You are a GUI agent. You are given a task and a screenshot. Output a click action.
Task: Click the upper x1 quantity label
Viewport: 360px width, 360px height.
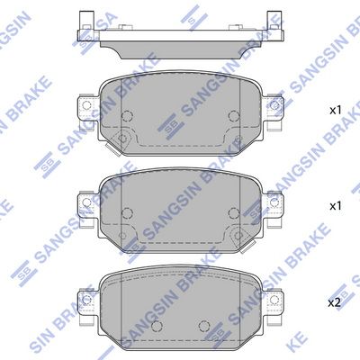point(336,111)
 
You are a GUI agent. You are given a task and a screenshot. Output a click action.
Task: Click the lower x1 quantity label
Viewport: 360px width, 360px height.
point(336,206)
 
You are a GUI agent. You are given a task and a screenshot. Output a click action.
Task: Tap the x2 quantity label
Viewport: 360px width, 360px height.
point(335,303)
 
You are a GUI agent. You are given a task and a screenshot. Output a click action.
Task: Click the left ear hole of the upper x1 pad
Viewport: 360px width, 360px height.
point(86,105)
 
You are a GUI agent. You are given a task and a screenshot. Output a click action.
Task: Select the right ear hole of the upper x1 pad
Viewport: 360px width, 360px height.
point(274,105)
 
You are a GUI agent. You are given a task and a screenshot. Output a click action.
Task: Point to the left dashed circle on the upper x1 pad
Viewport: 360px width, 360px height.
point(127,115)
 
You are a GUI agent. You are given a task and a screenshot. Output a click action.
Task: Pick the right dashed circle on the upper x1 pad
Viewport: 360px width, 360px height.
point(234,115)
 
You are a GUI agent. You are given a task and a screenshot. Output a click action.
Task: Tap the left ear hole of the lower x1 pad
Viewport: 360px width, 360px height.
point(86,202)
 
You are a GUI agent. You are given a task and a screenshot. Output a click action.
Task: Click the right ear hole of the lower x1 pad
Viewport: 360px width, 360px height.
point(274,202)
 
